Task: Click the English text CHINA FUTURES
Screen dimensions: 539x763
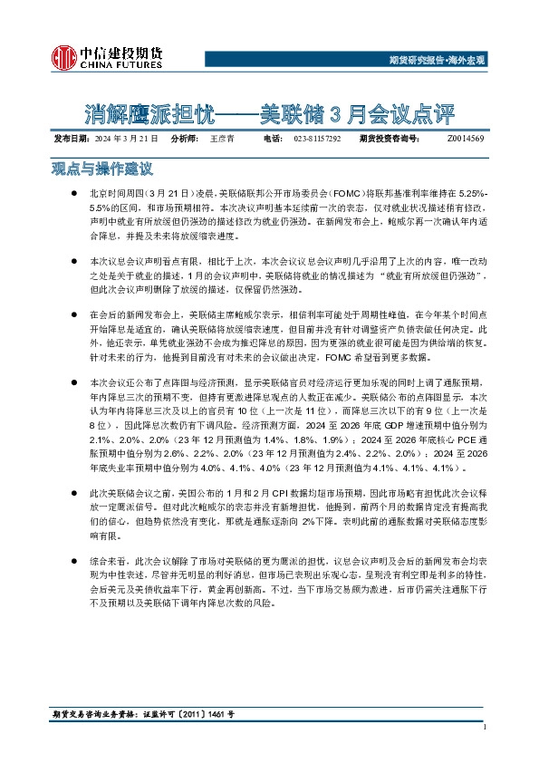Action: [120, 65]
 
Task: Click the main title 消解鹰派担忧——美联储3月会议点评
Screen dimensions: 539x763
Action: [270, 114]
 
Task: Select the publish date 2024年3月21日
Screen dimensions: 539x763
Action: [126, 139]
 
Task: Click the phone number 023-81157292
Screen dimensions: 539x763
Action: [317, 139]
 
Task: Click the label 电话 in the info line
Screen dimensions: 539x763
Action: [272, 139]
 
